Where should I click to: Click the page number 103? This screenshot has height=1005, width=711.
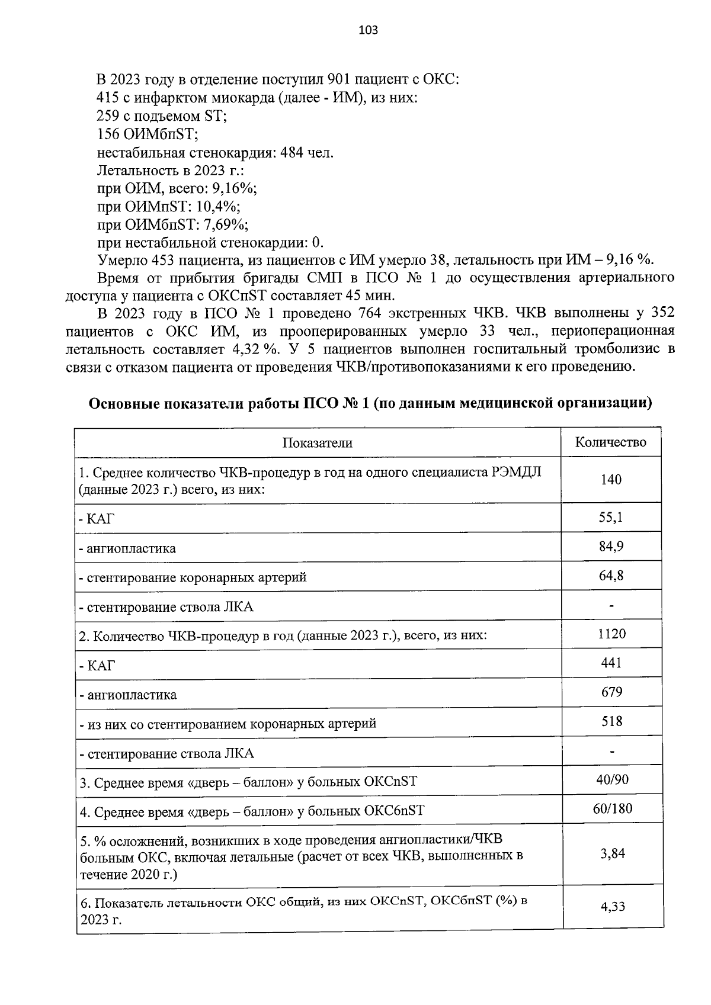[x=368, y=30]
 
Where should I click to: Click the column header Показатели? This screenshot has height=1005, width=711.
[x=317, y=443]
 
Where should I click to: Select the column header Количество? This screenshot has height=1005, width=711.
[x=611, y=442]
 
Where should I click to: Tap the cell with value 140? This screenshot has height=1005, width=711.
[x=611, y=480]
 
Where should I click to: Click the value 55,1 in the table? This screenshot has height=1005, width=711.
[x=611, y=518]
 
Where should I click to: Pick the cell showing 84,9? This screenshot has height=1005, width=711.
[x=611, y=547]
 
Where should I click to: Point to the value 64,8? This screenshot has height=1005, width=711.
[x=611, y=576]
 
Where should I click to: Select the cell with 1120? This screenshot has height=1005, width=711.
[x=611, y=634]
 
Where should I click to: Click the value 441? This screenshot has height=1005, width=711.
[x=611, y=663]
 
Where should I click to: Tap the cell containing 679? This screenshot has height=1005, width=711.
[x=611, y=692]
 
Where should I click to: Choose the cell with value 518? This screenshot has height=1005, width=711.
[x=611, y=721]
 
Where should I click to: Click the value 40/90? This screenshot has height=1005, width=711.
[x=612, y=780]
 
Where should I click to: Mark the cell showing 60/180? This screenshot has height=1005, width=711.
[x=612, y=809]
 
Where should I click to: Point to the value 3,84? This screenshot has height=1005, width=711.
[x=612, y=854]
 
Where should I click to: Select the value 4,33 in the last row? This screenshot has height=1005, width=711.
[x=612, y=907]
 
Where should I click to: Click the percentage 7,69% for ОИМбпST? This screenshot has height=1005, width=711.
[x=226, y=225]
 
